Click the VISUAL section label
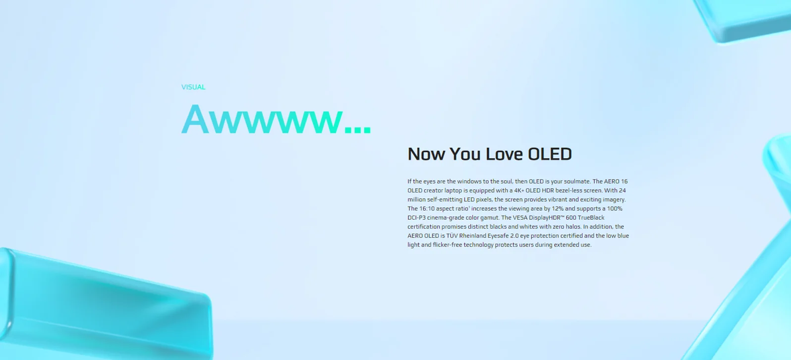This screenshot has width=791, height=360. (x=193, y=87)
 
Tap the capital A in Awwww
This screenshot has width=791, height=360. (x=195, y=119)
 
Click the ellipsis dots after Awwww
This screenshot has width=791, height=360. (x=358, y=129)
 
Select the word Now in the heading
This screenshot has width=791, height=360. (x=426, y=154)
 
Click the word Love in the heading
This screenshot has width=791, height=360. (x=504, y=154)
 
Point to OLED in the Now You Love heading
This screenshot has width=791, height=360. (x=550, y=154)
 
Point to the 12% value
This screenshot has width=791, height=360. (x=558, y=208)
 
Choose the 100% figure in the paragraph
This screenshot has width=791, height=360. (x=615, y=208)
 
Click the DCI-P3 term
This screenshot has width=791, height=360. (x=417, y=218)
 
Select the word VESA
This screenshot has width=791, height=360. (x=520, y=218)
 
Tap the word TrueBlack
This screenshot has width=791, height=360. (x=591, y=218)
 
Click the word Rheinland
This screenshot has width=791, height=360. (x=472, y=236)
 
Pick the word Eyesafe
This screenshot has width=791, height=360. (x=498, y=236)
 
